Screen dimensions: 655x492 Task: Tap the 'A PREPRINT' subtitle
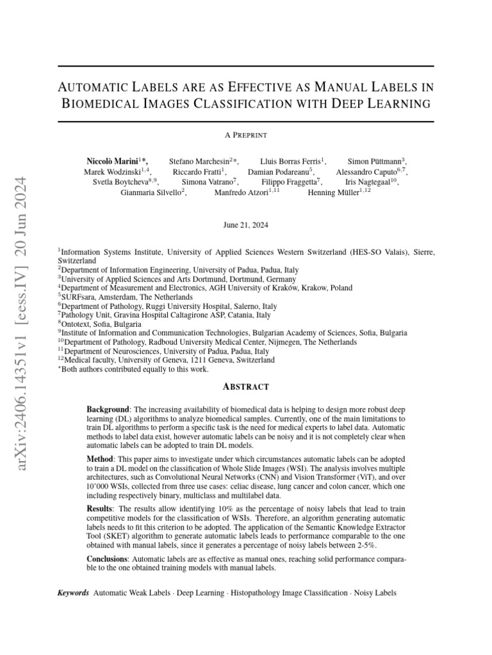click(x=245, y=135)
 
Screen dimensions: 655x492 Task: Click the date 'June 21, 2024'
click(x=246, y=225)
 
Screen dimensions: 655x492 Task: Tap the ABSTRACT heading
click(x=245, y=386)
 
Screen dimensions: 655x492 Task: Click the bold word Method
click(x=101, y=459)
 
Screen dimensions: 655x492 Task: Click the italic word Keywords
click(x=72, y=593)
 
